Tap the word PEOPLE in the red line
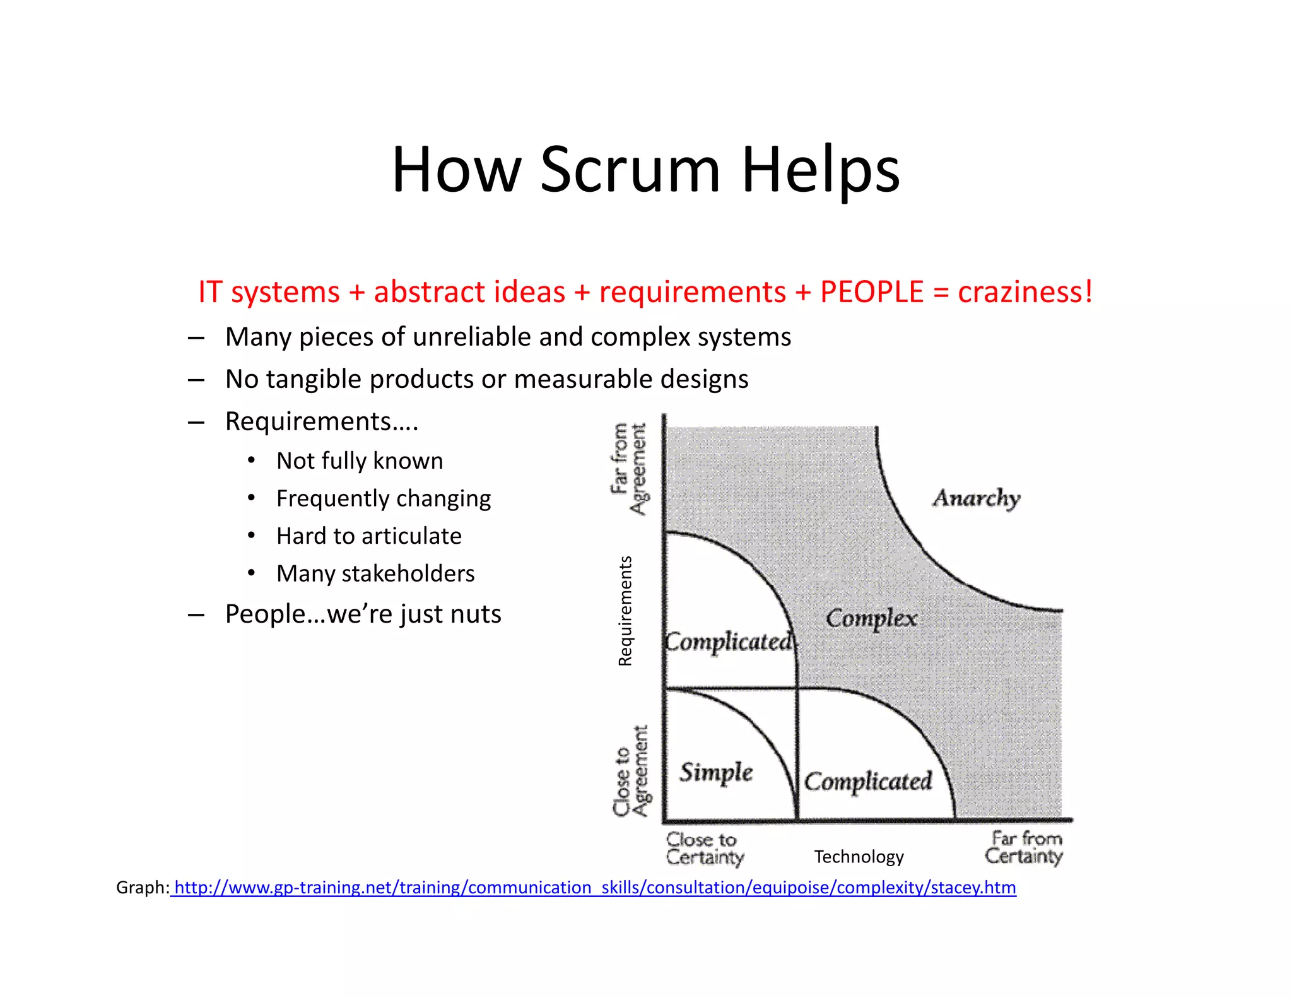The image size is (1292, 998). coord(872,292)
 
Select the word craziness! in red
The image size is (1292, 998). coord(1025,292)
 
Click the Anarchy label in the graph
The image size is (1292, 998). coord(977,498)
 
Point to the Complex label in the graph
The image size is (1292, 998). coord(871,619)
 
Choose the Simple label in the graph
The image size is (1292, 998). coord(716,772)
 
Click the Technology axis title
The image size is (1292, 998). coord(859,857)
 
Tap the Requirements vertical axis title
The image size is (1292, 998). coord(625,611)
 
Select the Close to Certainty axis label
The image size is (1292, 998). coord(705,848)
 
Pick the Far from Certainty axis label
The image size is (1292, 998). coord(1025,847)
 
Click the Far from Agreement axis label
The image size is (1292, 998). coord(629,468)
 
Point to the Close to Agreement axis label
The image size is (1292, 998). coord(631,771)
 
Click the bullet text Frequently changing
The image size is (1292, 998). coord(384,499)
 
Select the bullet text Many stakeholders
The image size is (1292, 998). coord(375,574)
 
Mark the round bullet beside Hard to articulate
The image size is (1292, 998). coord(251,536)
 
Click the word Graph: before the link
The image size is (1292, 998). coord(143,888)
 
